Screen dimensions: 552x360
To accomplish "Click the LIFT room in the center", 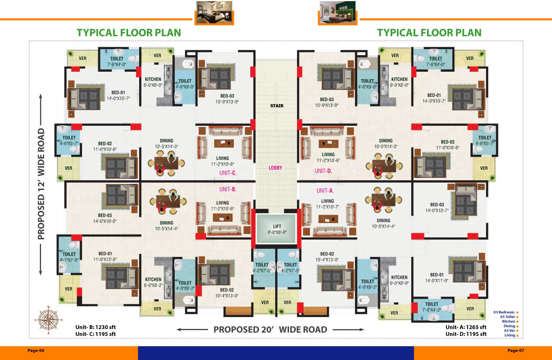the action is pos(276,229).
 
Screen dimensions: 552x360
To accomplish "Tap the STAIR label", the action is pos(277,106).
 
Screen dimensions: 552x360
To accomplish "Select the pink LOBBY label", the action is pos(275,168).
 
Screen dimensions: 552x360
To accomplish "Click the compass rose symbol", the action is pos(49,320).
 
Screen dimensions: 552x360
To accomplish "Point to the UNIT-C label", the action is pos(228,173).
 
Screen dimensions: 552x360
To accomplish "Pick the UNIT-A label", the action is pos(325,191).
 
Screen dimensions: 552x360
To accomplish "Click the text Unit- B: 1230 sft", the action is pos(95,327).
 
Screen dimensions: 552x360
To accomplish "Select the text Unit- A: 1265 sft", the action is pos(466,327).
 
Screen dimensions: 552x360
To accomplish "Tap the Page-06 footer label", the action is pos(36,350).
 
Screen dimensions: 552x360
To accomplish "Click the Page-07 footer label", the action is pos(516,350).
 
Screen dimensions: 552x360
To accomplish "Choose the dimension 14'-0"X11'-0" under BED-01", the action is pos(437,280).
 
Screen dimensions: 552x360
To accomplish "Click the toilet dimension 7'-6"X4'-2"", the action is pos(432,310).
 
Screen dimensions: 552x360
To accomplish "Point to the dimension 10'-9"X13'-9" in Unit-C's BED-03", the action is pos(227,102).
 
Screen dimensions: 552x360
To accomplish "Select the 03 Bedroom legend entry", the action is pos(504,312).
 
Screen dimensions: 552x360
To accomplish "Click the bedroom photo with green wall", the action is pos(338,12).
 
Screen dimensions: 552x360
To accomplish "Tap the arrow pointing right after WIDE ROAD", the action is pos(348,329).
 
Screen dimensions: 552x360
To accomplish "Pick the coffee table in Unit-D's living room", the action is pos(328,143).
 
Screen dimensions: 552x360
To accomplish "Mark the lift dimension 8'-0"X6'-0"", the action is pos(277,232).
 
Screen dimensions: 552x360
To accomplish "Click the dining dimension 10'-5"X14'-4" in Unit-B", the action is pos(166,228).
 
